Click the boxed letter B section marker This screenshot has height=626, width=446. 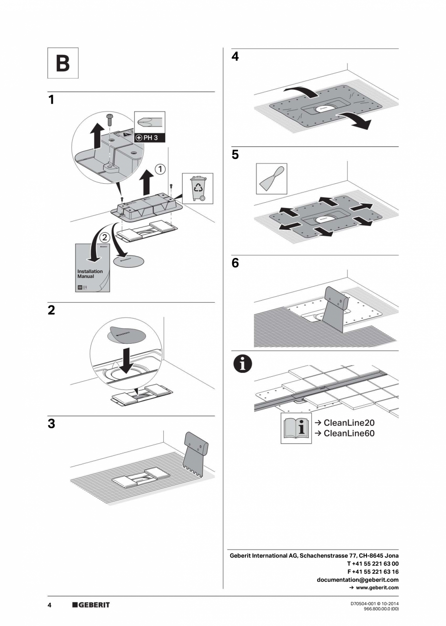point(63,63)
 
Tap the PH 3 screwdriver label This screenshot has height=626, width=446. point(150,138)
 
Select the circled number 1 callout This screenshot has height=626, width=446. point(160,169)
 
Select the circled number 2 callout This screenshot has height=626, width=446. point(104,238)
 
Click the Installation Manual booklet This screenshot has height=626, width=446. point(93,268)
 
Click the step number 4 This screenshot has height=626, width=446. point(235,57)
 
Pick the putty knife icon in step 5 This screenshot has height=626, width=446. point(271,179)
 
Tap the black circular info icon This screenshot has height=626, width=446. point(243,364)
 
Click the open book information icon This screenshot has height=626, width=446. point(296,428)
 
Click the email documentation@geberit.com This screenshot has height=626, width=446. point(357,579)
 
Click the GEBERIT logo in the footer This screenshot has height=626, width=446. point(91,605)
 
